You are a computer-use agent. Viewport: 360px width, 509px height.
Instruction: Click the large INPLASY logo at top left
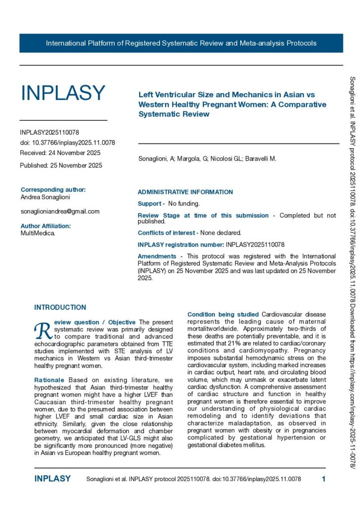(63, 93)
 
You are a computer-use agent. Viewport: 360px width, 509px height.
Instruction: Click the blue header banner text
(181, 43)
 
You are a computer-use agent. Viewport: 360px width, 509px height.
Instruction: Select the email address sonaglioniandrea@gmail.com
(60, 211)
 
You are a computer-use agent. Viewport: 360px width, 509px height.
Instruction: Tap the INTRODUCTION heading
(60, 308)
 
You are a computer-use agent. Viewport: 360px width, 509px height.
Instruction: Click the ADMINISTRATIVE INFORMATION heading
(185, 192)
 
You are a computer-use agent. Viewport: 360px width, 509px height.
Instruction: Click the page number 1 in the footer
(324, 479)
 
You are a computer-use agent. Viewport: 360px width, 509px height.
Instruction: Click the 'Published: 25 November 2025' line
(61, 165)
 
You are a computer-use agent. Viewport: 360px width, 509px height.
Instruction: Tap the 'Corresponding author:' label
(53, 189)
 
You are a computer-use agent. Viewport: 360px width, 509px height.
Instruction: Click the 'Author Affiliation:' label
(46, 226)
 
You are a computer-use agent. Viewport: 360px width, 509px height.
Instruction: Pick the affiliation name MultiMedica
(38, 233)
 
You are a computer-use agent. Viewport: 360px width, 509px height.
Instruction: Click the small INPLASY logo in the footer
(52, 479)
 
